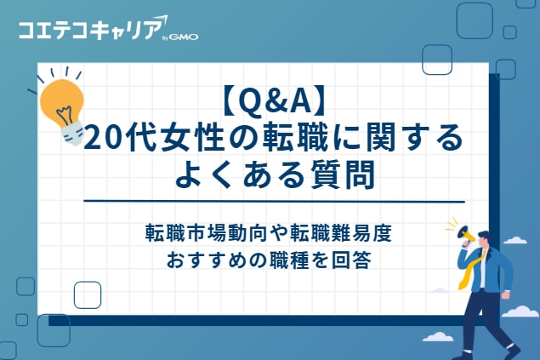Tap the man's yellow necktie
click(469, 269)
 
